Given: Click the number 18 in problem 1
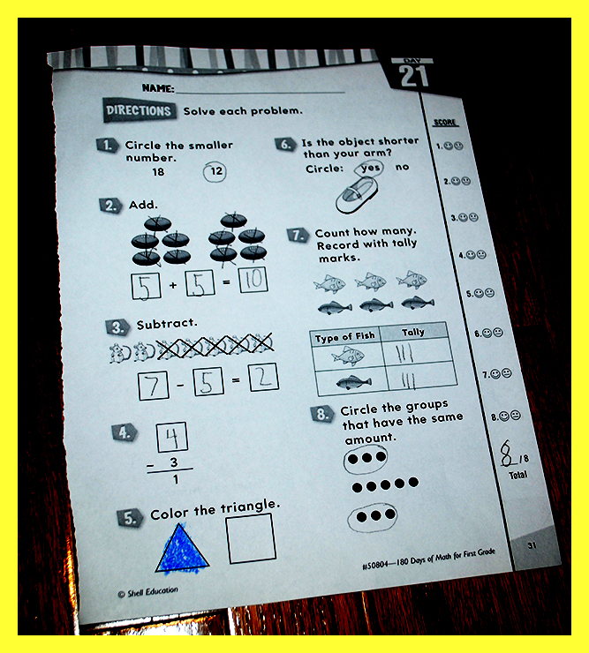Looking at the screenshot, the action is pos(158,172).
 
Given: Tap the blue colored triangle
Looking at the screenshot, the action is pos(181,548).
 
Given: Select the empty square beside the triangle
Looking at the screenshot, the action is pos(251,538).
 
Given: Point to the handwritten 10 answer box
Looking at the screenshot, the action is pos(253,280).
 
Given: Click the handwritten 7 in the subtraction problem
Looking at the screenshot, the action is pos(154,386).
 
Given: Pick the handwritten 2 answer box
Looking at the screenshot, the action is pos(263,378).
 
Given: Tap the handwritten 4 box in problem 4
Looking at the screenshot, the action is pos(171,438).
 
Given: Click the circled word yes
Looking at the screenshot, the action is pos(369,168).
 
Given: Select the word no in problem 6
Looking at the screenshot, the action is pos(403,167).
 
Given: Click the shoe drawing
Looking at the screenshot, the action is pos(357,194).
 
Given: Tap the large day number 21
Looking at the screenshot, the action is pos(413,76).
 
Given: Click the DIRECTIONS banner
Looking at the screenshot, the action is pos(139,110).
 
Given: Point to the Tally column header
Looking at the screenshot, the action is pos(413,332).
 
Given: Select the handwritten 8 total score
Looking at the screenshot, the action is pos(507,453).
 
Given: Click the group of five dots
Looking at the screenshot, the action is pos(385,484).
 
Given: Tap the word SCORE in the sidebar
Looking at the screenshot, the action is pos(445,123).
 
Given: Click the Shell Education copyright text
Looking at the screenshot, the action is pos(148,592).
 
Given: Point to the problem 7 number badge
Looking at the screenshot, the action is pos(298,235).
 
